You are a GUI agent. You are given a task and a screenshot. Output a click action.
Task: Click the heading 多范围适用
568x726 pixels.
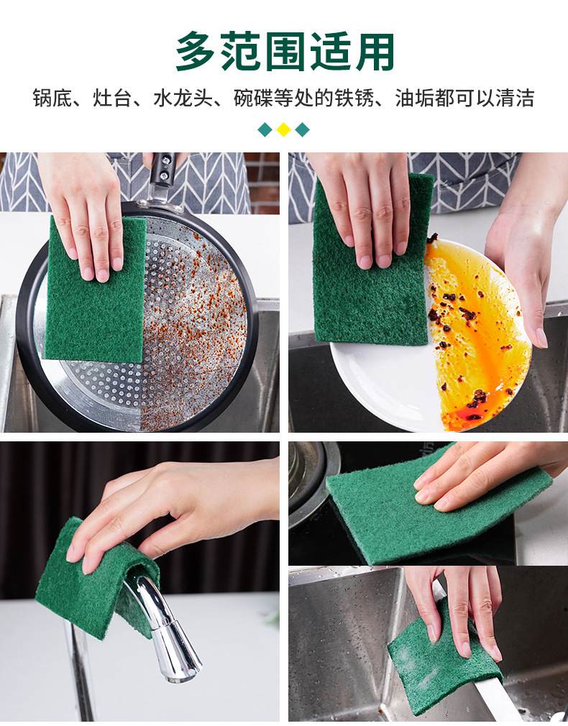click(x=285, y=52)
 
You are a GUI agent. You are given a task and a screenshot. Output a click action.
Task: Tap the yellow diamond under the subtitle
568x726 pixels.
click(x=283, y=130)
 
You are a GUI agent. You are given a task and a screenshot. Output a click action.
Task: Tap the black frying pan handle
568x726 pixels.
click(x=162, y=176)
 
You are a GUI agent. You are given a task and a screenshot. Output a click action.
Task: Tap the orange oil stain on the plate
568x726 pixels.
click(x=475, y=338)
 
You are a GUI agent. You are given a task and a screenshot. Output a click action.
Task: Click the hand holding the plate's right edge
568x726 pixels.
click(x=521, y=273)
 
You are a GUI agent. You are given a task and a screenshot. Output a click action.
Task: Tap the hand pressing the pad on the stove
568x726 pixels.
click(x=489, y=474)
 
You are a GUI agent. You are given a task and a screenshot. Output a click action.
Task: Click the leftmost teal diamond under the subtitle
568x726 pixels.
click(x=265, y=130)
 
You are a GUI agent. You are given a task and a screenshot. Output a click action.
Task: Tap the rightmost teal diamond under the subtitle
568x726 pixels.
click(x=302, y=130)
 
